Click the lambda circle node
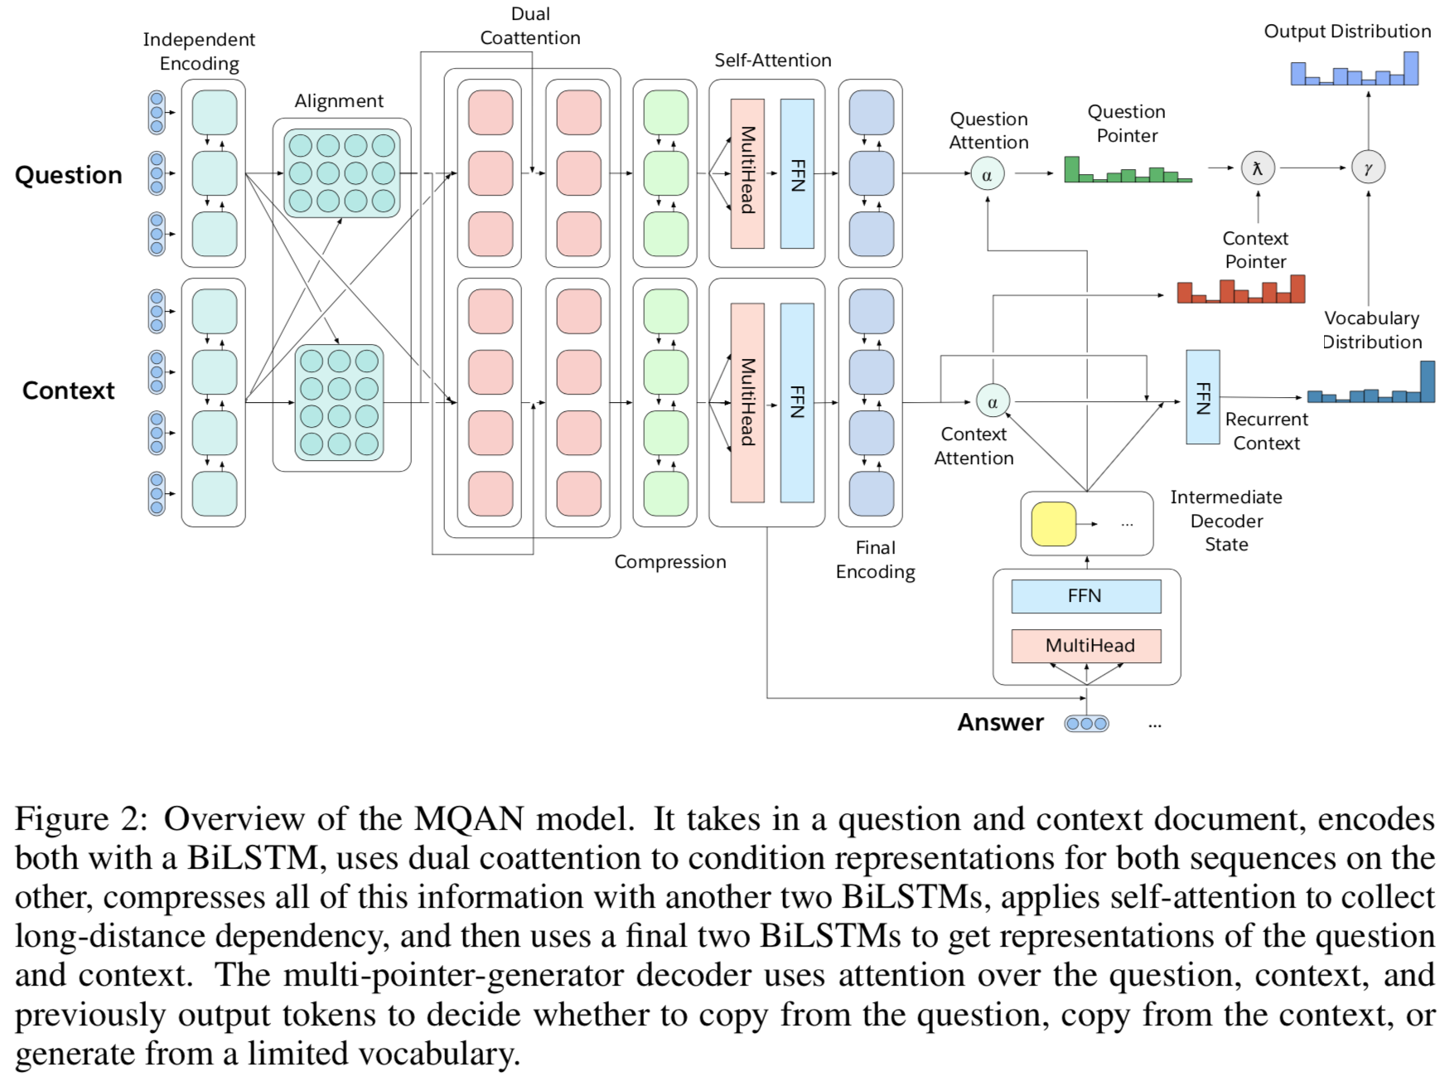1257,168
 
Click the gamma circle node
1368,168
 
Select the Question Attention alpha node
987,175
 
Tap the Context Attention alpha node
992,402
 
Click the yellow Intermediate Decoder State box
1053,524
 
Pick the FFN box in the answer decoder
1085,596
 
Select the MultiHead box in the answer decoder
1085,646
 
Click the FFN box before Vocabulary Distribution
1202,397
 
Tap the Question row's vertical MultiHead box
747,173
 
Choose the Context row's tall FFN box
797,402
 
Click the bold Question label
69,176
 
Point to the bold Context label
69,390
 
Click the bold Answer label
1000,723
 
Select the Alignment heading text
339,101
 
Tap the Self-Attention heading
772,61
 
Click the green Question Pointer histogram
1127,172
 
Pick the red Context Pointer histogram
1240,290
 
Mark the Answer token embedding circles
1086,724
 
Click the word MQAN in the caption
469,819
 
